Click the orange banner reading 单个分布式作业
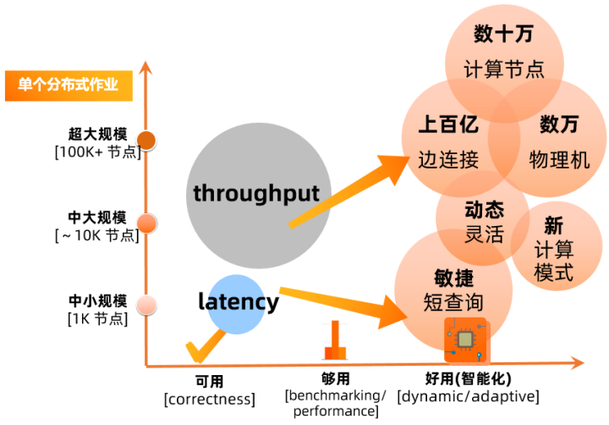[x=69, y=86]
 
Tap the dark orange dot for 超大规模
[x=146, y=141]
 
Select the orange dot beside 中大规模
[x=146, y=224]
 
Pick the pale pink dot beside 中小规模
[x=146, y=306]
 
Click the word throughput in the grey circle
[x=256, y=193]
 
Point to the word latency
[x=239, y=302]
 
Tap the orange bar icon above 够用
[x=335, y=339]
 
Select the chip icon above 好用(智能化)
[x=465, y=339]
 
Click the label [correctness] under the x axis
[x=210, y=400]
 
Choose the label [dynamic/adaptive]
[x=468, y=396]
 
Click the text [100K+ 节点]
[x=98, y=152]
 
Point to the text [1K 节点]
[x=97, y=319]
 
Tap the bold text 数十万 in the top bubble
[x=503, y=34]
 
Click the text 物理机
[x=559, y=160]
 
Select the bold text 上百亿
[x=448, y=124]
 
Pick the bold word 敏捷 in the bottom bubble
[x=453, y=278]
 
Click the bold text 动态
[x=485, y=210]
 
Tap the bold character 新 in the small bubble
[x=553, y=225]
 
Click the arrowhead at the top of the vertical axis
[x=145, y=67]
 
